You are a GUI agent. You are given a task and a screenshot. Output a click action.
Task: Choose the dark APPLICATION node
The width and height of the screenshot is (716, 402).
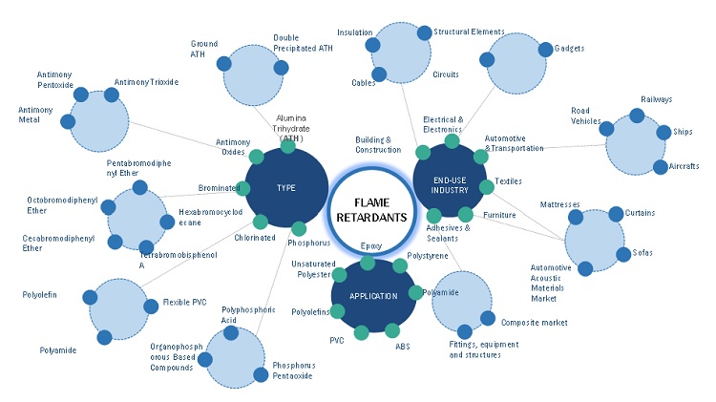point(373,296)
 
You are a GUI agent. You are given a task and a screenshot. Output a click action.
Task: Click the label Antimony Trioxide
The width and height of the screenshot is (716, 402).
point(146,82)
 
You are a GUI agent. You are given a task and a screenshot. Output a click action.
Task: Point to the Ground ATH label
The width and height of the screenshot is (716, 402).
point(204,49)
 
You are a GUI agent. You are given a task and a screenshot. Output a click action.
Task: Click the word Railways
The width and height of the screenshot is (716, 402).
point(656,99)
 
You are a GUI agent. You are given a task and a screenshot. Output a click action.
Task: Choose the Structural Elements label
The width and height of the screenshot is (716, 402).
point(469,32)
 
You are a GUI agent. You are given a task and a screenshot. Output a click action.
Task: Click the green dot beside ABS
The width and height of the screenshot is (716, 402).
point(392,330)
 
